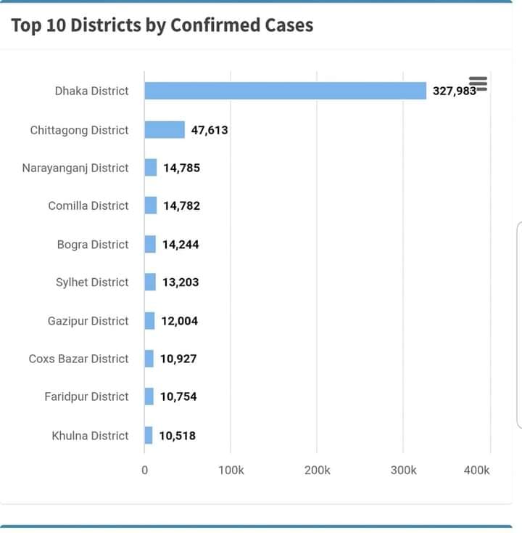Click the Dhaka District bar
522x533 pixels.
pyautogui.click(x=285, y=91)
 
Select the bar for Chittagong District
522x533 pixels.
pyautogui.click(x=165, y=130)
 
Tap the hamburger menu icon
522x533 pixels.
pyautogui.click(x=478, y=84)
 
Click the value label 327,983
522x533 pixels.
pyautogui.click(x=454, y=91)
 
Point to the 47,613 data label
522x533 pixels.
pyautogui.click(x=210, y=130)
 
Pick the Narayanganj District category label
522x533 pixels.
pyautogui.click(x=75, y=168)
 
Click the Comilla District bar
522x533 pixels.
pyautogui.click(x=151, y=206)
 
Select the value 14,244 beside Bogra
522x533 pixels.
pyautogui.click(x=181, y=245)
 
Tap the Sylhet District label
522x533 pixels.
pyautogui.click(x=92, y=282)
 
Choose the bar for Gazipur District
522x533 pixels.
pyautogui.click(x=149, y=321)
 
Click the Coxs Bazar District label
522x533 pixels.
pyautogui.click(x=78, y=359)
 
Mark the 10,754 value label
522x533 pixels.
pyautogui.click(x=178, y=396)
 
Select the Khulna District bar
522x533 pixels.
pyautogui.click(x=149, y=436)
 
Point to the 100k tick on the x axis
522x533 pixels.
pyautogui.click(x=231, y=470)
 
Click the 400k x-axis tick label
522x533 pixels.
pyautogui.click(x=476, y=470)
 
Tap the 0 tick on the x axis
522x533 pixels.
pyautogui.click(x=144, y=470)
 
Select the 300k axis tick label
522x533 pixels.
pyautogui.click(x=403, y=470)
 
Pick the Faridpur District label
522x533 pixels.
pyautogui.click(x=86, y=396)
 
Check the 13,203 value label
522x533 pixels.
pyautogui.click(x=181, y=282)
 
